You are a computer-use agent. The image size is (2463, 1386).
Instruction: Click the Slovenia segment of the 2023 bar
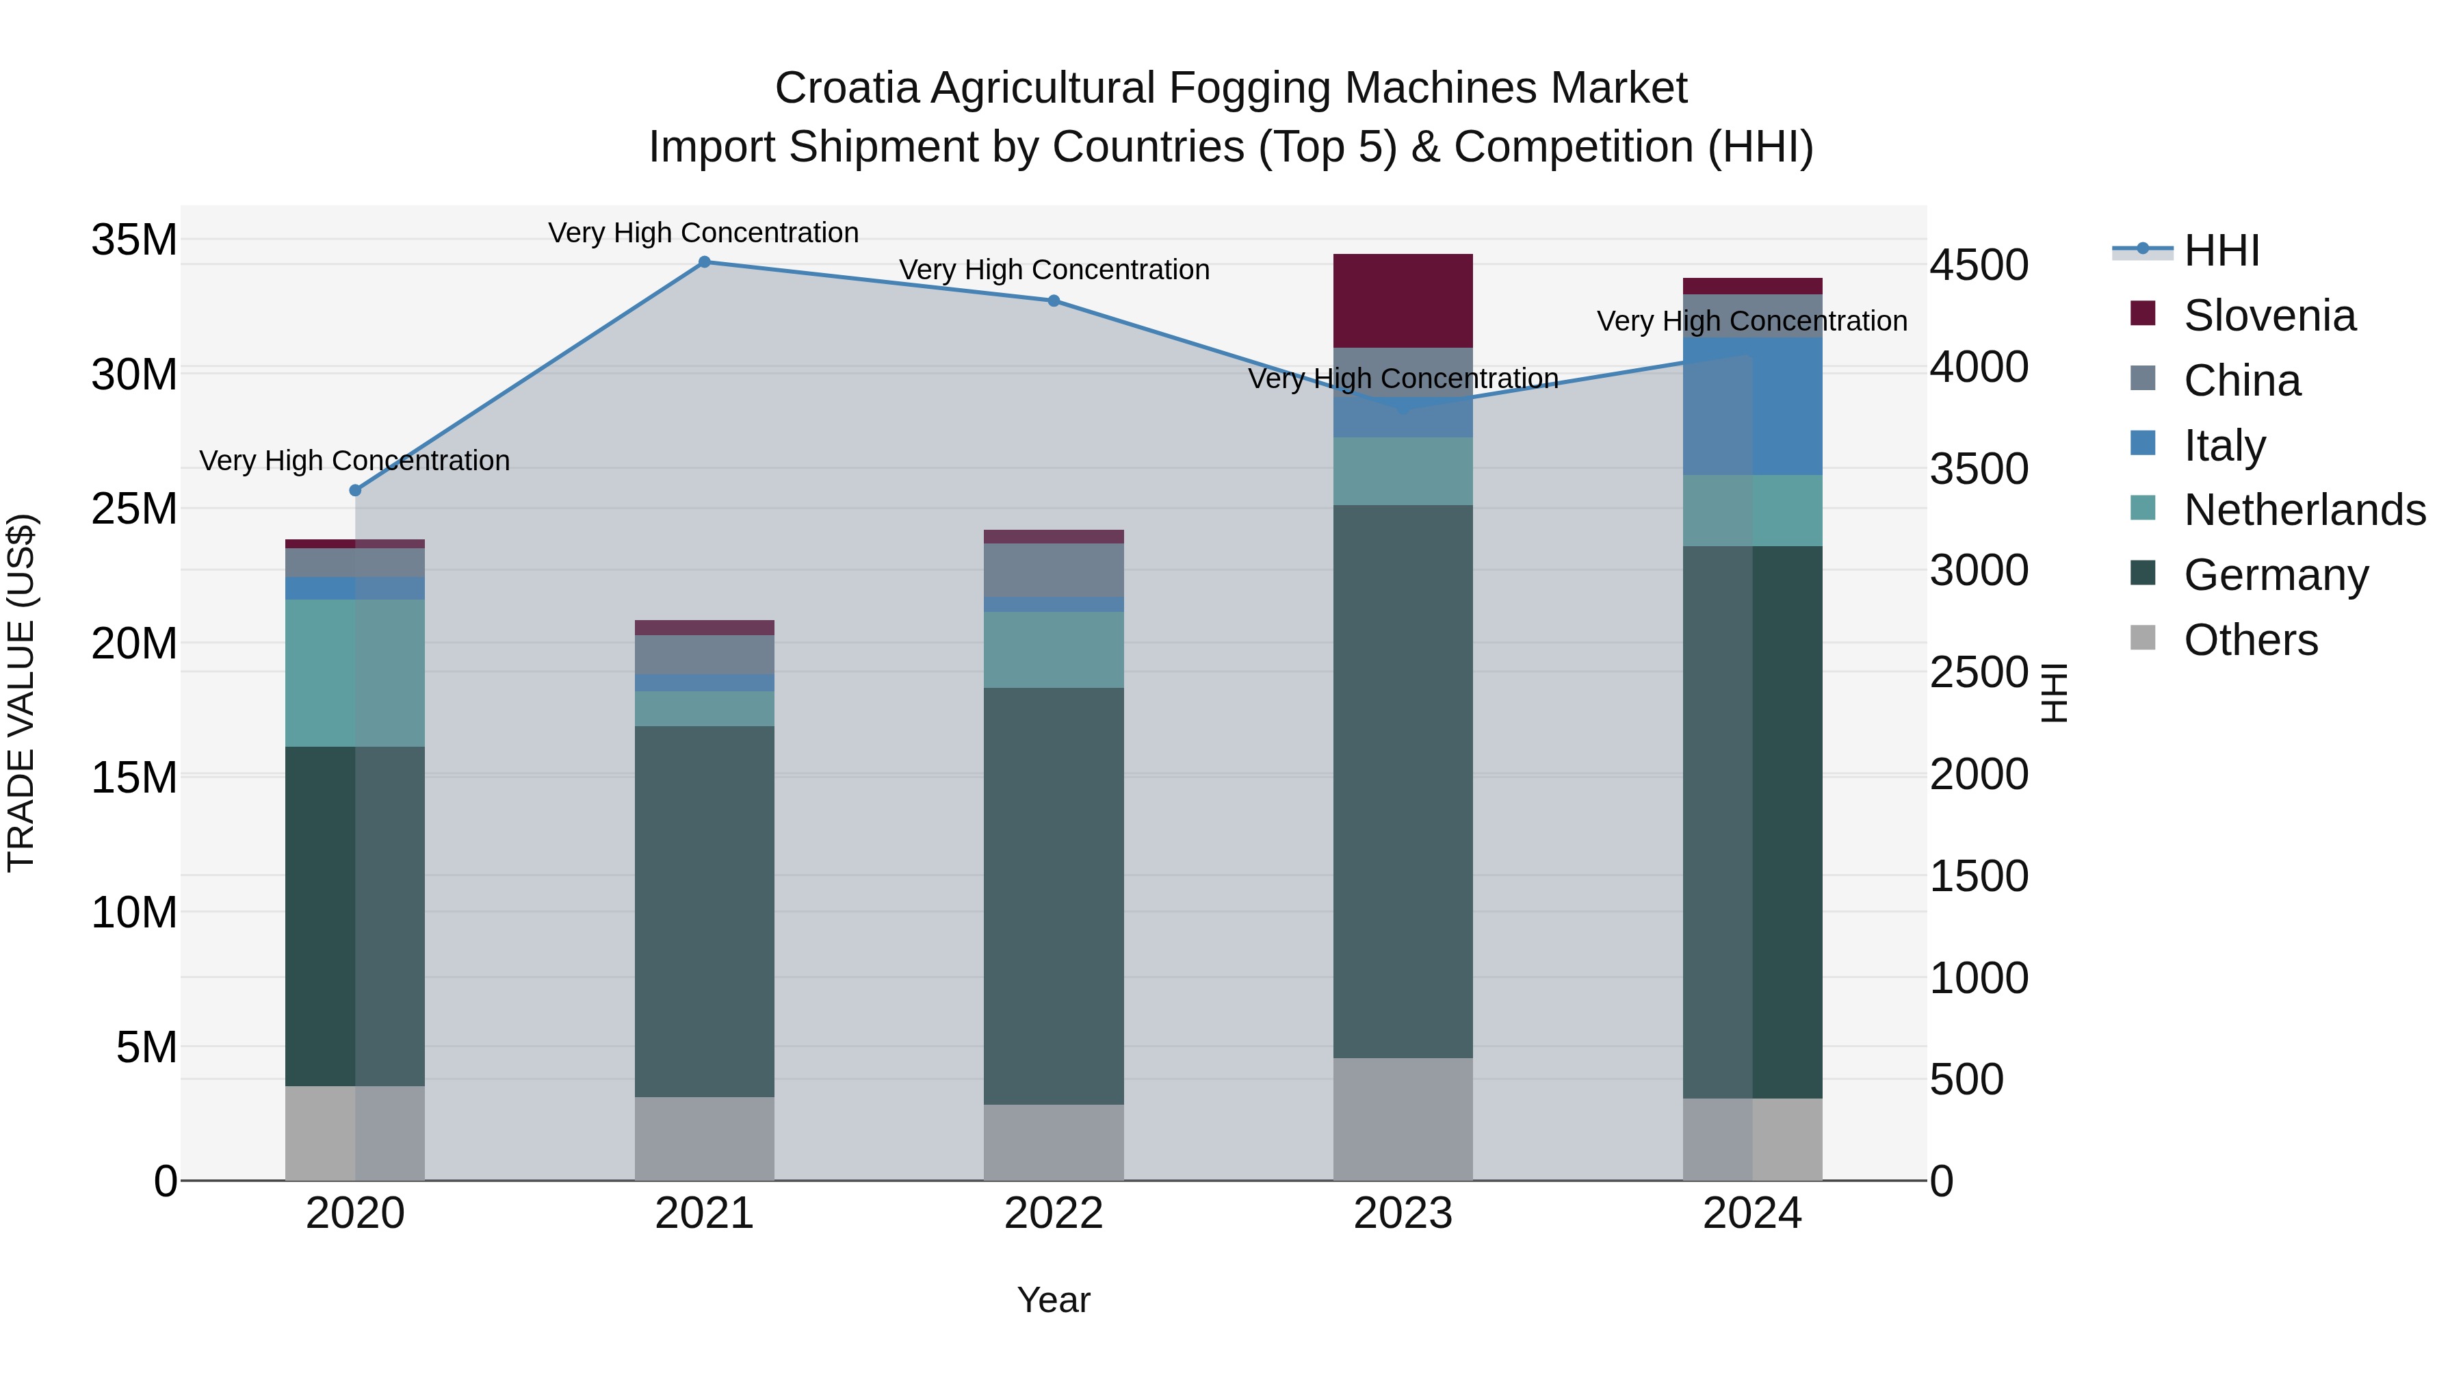click(1403, 300)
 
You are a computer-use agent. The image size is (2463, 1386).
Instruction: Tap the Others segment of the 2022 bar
click(1054, 1142)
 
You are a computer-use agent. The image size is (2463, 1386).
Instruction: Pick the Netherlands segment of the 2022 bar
click(1054, 650)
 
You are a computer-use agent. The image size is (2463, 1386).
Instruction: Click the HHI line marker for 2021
click(705, 262)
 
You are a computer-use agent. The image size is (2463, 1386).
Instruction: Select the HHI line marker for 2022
click(1054, 300)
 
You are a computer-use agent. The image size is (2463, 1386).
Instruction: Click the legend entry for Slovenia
click(2269, 316)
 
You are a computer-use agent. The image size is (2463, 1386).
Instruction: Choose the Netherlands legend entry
click(2304, 510)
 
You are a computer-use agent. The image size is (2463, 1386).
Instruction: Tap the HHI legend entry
click(2221, 251)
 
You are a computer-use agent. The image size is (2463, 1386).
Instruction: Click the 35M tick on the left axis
click(134, 239)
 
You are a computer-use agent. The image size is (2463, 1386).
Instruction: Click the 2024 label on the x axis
click(1751, 1214)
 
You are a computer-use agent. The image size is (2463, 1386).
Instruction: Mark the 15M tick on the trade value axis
click(134, 778)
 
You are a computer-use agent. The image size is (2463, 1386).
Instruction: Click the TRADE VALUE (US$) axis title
click(21, 693)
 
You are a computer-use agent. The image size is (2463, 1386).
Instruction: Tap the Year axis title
click(1054, 1300)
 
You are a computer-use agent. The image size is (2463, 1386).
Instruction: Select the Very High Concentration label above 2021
click(704, 233)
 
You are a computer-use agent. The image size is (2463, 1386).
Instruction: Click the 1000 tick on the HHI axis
click(1978, 977)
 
